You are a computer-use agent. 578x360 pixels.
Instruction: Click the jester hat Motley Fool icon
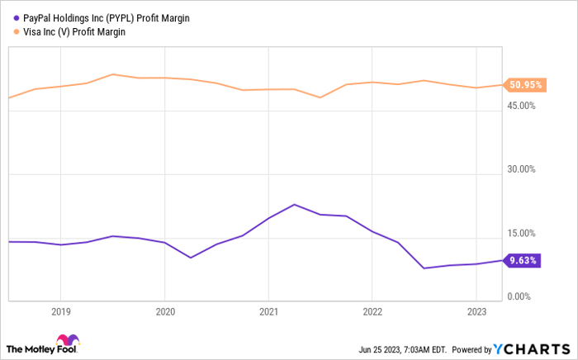pos(65,343)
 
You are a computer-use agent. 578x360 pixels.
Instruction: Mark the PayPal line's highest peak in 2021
pos(295,204)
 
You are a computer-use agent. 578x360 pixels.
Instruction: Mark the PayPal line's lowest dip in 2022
pos(424,268)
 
